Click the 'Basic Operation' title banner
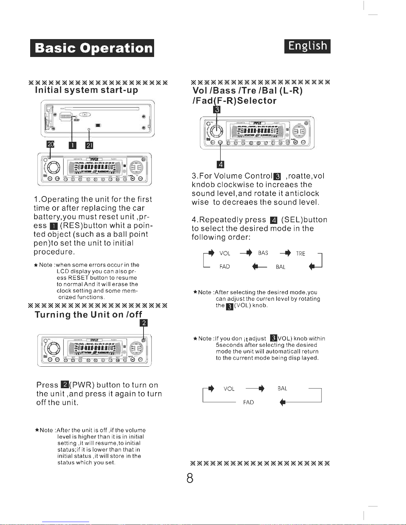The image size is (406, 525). point(92,48)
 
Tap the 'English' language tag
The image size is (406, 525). point(307,46)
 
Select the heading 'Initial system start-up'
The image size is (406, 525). point(87,90)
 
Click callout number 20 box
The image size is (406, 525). point(50,144)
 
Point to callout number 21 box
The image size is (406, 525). point(89,145)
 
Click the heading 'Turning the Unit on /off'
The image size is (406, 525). point(88,315)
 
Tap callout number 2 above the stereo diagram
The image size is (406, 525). point(144,323)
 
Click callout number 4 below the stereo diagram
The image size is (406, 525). point(221,164)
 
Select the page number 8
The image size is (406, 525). point(190,478)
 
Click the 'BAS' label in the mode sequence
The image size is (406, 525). point(263,253)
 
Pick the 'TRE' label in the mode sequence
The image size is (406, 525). point(301,254)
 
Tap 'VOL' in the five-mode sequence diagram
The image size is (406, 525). point(225,253)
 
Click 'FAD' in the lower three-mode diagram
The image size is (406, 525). point(249,402)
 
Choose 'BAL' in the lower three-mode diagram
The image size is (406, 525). point(282,389)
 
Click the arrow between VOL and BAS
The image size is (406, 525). point(246,253)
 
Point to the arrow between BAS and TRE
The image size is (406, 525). point(285,253)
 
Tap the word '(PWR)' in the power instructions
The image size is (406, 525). point(82,385)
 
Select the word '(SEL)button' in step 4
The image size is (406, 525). point(304,220)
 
